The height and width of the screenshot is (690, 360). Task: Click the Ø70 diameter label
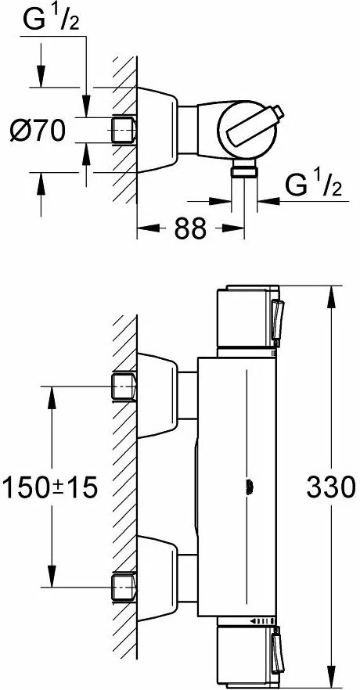(38, 130)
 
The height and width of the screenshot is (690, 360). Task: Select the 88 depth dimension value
(189, 228)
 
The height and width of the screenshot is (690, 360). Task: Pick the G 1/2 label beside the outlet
(312, 188)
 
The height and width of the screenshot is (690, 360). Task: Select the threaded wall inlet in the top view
(124, 129)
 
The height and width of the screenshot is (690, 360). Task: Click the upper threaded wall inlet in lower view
(124, 385)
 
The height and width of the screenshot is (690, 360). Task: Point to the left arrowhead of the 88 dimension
(143, 228)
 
